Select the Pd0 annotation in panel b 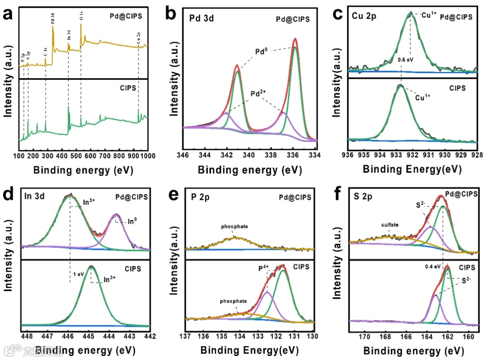(x=262, y=51)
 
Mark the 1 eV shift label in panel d (x=78, y=273)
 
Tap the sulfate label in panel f (x=391, y=225)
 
